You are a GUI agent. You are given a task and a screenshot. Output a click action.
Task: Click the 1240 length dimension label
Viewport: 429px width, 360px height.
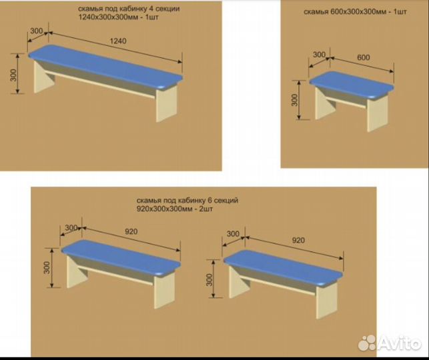pos(118,41)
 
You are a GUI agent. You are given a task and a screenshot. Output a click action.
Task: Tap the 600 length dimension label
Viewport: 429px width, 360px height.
pos(364,57)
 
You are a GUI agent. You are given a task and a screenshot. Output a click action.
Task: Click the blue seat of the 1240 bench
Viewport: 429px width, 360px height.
pos(105,67)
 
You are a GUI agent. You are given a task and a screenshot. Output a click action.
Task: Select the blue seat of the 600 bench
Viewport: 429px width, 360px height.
pos(352,85)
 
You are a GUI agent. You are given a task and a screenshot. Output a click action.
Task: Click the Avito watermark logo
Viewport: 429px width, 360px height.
pos(390,343)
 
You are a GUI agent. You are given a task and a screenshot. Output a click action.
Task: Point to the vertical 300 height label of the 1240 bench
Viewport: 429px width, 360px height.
pos(13,75)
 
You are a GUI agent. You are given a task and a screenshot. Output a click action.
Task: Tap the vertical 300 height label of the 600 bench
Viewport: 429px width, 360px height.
pos(294,100)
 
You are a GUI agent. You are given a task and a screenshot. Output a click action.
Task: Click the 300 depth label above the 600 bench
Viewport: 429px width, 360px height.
pos(319,55)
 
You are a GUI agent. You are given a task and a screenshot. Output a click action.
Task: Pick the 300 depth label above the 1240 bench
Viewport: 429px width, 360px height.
pos(37,31)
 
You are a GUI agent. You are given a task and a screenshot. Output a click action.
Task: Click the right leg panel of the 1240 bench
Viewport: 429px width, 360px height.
pos(167,104)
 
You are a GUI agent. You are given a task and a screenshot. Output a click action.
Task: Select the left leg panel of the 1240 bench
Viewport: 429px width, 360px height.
pos(44,77)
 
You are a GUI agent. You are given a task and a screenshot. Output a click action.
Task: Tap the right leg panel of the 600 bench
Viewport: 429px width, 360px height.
pos(377,113)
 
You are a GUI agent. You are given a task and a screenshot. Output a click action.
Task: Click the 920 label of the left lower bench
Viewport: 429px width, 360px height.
pos(131,231)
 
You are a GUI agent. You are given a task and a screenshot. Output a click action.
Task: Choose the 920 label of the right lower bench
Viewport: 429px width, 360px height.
pos(298,240)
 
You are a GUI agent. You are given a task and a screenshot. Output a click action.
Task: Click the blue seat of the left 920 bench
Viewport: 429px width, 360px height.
pos(121,258)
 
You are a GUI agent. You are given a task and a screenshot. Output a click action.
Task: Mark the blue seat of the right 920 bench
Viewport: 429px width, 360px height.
pos(283,268)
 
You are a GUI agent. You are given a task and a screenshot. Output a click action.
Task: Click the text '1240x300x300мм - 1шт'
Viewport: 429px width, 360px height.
pos(119,17)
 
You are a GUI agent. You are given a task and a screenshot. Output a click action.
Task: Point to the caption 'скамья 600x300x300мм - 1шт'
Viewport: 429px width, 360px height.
pos(355,12)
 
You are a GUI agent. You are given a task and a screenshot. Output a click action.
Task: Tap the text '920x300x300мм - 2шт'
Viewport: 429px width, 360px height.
pos(175,209)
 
